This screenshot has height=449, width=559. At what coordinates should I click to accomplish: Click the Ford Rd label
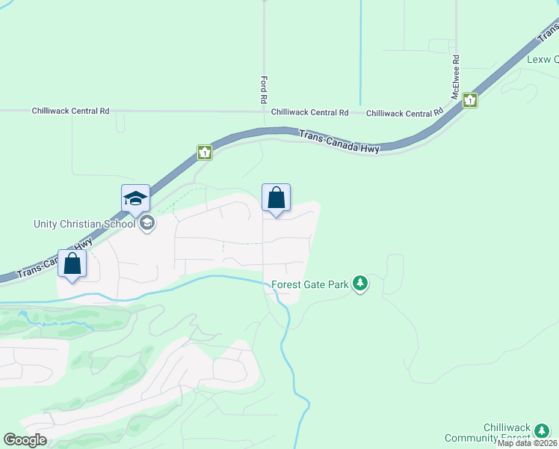(x=264, y=89)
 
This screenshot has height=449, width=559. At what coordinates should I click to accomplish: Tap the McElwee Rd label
(x=455, y=77)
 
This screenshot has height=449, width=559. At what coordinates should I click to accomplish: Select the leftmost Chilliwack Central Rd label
(x=70, y=111)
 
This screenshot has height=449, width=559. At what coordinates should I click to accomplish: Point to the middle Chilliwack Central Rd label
(x=309, y=112)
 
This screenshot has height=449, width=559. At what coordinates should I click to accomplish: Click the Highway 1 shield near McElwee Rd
(x=469, y=100)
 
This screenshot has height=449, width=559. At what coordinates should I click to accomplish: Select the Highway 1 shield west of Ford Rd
(x=206, y=153)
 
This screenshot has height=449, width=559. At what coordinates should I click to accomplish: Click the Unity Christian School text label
(x=84, y=224)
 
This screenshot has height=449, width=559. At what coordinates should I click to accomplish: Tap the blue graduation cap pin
(x=136, y=199)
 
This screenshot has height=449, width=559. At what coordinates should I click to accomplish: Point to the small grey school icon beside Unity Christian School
(x=147, y=222)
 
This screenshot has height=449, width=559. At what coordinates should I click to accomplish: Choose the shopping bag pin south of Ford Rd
(x=276, y=198)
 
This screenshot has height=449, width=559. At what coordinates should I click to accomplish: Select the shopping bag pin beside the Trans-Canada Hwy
(x=72, y=263)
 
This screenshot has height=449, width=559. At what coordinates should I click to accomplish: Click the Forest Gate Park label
(x=310, y=284)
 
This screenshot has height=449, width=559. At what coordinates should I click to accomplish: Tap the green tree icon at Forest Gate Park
(x=361, y=284)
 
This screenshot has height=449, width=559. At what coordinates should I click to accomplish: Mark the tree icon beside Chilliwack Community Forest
(x=542, y=431)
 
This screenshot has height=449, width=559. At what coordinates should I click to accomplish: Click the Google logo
(x=25, y=440)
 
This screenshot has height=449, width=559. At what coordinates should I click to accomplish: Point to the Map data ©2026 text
(x=528, y=443)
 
